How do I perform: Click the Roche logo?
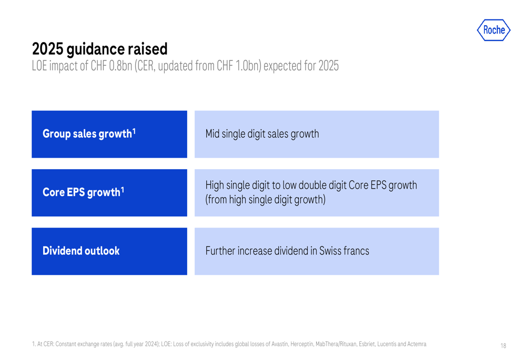click(x=493, y=30)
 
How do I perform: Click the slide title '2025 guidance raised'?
click(x=99, y=49)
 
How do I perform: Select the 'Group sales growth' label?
click(x=87, y=134)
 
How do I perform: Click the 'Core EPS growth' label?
click(x=81, y=192)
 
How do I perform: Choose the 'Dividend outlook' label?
click(x=81, y=251)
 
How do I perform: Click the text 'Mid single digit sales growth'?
click(x=262, y=134)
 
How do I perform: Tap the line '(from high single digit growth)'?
click(x=265, y=200)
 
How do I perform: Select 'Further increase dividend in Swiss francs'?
click(x=287, y=251)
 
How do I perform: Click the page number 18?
click(x=503, y=346)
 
